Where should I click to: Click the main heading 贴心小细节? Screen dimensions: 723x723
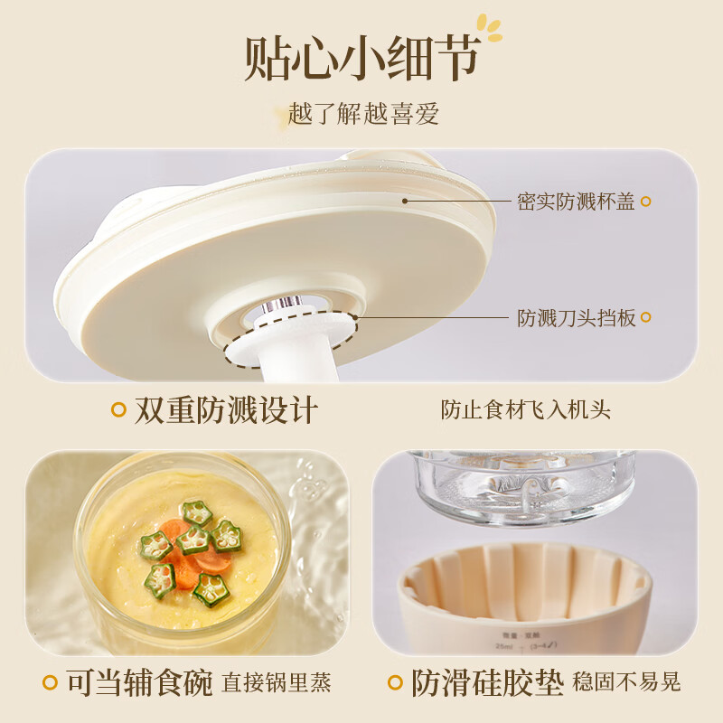coord(360,61)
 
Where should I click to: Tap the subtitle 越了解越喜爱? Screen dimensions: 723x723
coord(363,114)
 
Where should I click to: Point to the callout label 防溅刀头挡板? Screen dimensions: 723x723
coord(576,318)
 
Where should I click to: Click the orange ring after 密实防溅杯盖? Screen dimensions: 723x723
coord(645,202)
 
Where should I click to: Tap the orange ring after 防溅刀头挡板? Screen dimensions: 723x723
coord(645,318)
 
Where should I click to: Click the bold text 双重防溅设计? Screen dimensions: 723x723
coord(226,409)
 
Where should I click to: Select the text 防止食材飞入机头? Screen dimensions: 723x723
coord(525,409)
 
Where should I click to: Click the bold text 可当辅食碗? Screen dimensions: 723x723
coord(140,682)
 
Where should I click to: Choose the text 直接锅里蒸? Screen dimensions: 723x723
coord(277,682)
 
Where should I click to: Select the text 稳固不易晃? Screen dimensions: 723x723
coord(626,682)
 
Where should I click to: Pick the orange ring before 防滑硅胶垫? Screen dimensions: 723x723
coord(395,683)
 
